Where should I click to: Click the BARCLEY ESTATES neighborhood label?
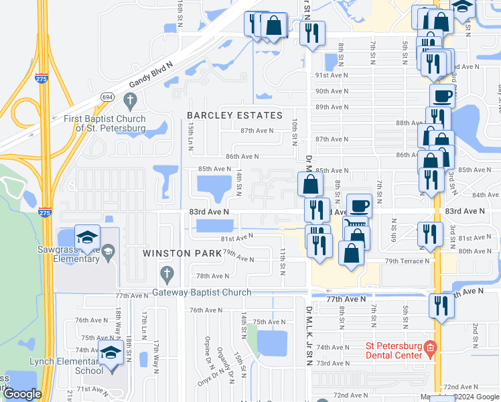click(x=234, y=115)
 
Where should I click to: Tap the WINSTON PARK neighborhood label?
click(x=182, y=253)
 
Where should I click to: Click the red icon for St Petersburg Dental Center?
click(x=430, y=347)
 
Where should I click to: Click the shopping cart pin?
click(x=355, y=225)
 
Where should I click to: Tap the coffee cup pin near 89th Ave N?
click(x=441, y=96)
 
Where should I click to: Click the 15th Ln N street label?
click(x=191, y=136)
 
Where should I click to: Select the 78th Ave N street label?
click(x=208, y=276)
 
